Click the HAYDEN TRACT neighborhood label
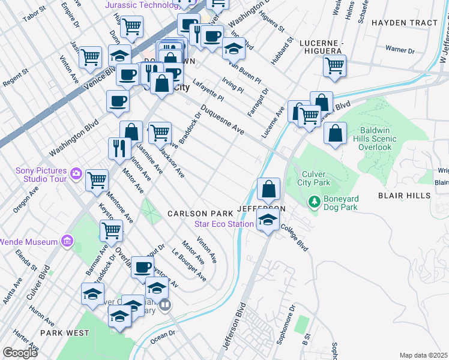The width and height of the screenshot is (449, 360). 405,23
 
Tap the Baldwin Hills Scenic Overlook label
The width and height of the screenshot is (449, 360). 378,139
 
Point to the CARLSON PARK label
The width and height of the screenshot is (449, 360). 200,214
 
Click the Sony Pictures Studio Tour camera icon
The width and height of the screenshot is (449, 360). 76,174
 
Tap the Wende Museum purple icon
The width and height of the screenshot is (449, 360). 67,242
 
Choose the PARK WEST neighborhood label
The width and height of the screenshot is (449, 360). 65,332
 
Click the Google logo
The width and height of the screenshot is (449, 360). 20,352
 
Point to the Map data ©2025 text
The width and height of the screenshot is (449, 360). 424,355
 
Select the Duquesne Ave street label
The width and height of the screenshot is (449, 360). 223,121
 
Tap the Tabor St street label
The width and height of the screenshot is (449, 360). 34,14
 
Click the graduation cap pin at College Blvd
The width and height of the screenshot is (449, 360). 268,220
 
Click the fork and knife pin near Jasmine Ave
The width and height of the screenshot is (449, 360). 119,148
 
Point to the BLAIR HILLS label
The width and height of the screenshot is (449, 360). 404,196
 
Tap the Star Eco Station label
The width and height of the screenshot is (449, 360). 224,224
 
